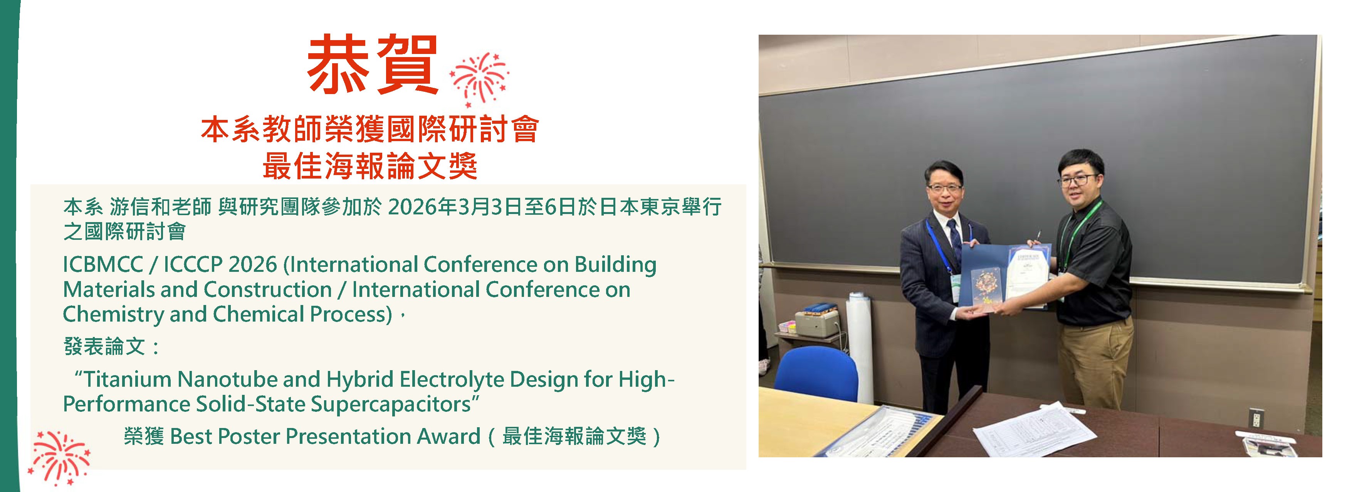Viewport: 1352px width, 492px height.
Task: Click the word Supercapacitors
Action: coord(390,404)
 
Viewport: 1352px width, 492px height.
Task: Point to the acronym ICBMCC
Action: coord(103,265)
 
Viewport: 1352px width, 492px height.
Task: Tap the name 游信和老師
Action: coord(161,207)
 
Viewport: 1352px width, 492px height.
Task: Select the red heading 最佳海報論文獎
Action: coord(370,167)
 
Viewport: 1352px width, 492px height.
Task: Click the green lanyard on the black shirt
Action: coord(1076,231)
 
